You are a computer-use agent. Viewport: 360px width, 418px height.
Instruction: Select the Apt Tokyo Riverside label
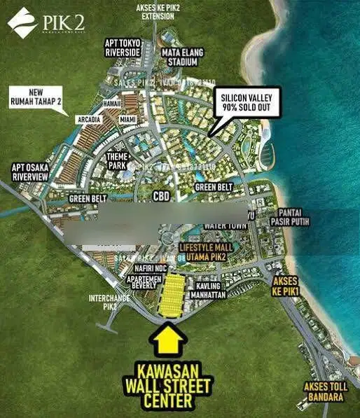point(123,47)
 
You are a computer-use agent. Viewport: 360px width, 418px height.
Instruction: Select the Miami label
point(128,120)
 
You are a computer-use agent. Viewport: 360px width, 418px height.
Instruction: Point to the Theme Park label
point(117,161)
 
